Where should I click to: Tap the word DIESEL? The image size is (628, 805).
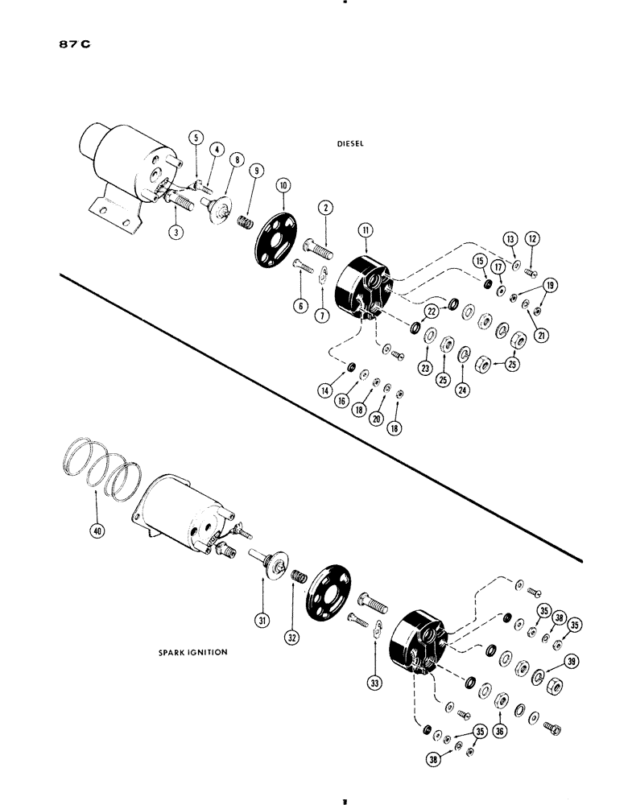click(x=352, y=146)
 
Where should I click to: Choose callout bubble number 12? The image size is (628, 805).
click(x=532, y=238)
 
